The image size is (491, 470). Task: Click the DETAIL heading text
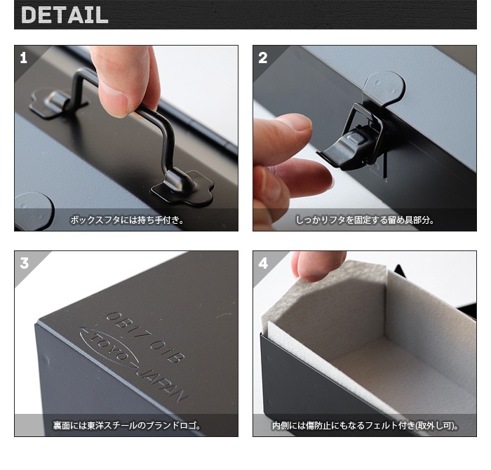click(x=65, y=15)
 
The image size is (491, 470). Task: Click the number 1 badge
click(x=24, y=58)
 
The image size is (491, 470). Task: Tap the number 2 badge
click(x=262, y=58)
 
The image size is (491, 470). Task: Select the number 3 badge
click(x=24, y=263)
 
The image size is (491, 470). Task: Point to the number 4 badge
click(x=262, y=263)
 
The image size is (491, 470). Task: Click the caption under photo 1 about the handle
click(x=126, y=220)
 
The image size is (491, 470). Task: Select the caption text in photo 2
click(x=364, y=220)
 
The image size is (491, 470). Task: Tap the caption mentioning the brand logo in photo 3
click(x=126, y=425)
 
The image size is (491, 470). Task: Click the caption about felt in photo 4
click(x=364, y=425)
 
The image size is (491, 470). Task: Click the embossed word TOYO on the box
click(x=107, y=347)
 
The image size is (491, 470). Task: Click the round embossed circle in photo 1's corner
click(x=32, y=209)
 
